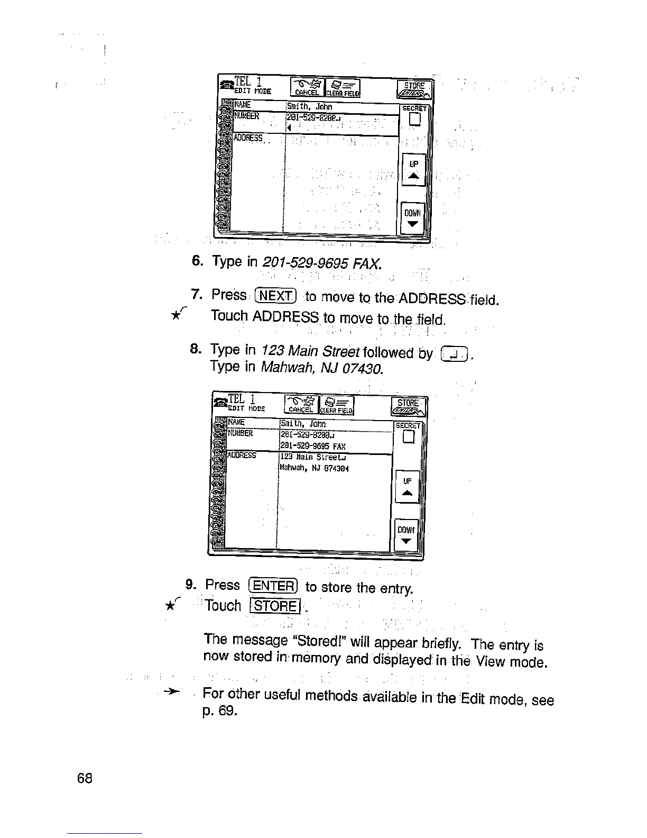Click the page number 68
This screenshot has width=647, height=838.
coord(85,778)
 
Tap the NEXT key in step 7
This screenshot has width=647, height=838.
coord(276,295)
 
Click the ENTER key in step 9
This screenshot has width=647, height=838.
coord(273,586)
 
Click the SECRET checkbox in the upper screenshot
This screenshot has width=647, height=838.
coord(414,120)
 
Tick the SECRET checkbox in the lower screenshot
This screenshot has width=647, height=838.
coord(408,436)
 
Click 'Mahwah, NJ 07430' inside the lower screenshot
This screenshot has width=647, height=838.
coord(312,468)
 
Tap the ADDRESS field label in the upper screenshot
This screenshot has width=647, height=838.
coord(248,138)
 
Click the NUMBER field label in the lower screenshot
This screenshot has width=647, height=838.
coord(241,434)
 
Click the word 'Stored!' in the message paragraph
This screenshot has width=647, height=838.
coord(320,641)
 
